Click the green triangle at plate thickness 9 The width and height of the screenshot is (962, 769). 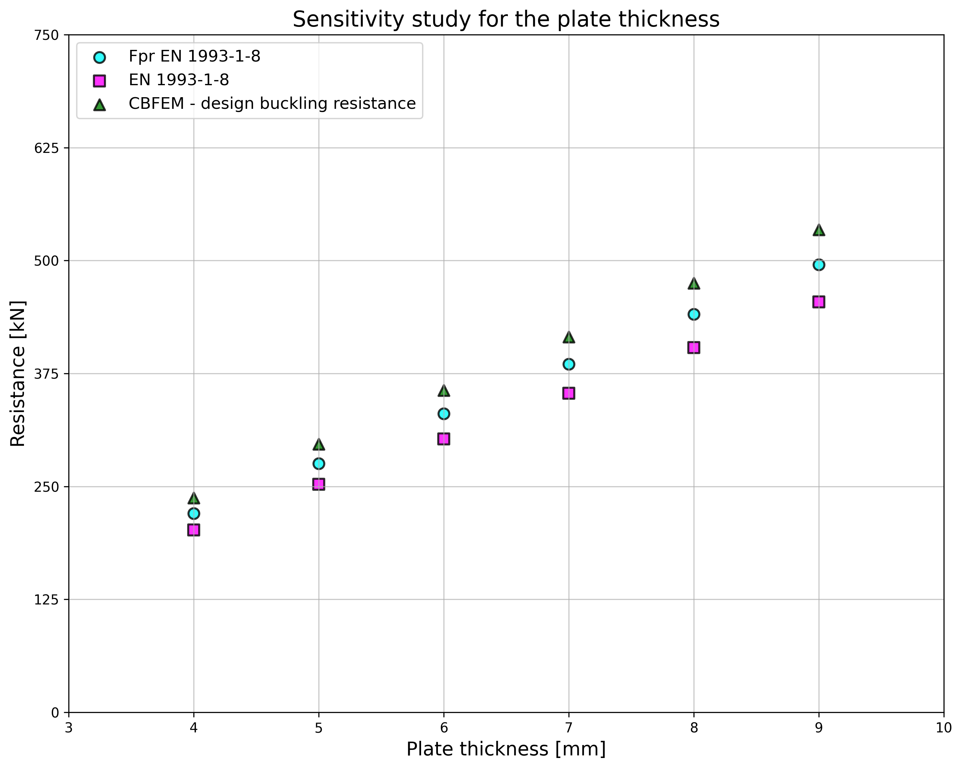(819, 230)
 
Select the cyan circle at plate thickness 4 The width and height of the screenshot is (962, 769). (194, 514)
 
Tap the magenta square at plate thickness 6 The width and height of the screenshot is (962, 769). (443, 439)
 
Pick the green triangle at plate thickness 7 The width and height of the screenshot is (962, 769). (569, 338)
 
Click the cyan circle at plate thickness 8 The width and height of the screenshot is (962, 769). (694, 314)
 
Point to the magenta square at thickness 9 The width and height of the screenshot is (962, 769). (819, 302)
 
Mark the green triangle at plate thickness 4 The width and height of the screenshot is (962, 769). (194, 498)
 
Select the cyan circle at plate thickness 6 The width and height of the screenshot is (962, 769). (443, 414)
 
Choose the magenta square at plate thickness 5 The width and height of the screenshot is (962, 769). (319, 484)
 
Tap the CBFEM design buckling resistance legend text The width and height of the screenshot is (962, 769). (272, 104)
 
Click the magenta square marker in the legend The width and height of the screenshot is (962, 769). (99, 81)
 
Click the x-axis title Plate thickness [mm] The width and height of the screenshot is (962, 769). (506, 749)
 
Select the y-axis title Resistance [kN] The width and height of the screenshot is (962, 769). (18, 373)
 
